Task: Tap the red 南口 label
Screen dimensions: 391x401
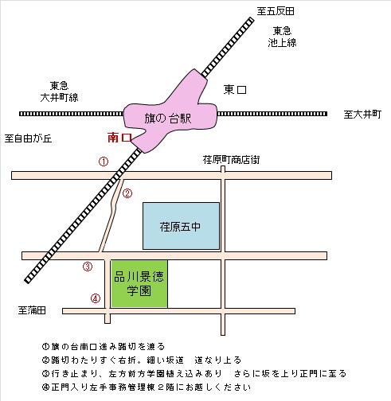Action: pos(120,138)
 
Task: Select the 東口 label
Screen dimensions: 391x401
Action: pos(235,90)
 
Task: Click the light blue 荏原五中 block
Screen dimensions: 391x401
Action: pos(181,226)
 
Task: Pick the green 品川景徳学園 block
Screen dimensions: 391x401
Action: pos(139,283)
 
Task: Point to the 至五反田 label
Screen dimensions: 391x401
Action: pos(276,11)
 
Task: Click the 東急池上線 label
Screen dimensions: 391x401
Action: pos(282,37)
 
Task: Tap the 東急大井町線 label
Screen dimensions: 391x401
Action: pos(60,91)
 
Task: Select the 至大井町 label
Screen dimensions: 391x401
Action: pos(362,115)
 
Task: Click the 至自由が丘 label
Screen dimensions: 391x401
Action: pos(28,138)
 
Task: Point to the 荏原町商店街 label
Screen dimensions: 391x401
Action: pos(231,160)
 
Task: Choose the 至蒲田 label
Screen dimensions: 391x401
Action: pos(32,310)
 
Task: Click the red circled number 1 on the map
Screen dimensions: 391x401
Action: pos(104,162)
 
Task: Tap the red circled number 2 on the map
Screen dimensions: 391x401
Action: pos(127,193)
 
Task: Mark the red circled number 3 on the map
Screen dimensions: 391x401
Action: pos(88,267)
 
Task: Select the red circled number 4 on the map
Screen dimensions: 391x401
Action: pos(96,298)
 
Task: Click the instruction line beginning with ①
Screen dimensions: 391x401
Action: pos(104,346)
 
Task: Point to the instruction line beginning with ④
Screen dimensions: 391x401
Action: pos(147,387)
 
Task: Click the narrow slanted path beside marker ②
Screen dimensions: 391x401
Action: pos(111,216)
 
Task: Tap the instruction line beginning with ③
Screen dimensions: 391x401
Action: pos(194,373)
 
